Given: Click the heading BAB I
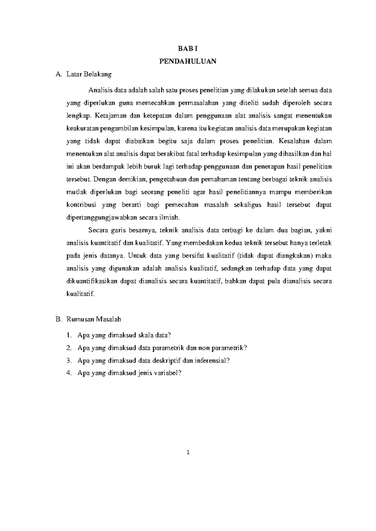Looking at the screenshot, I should (188, 49).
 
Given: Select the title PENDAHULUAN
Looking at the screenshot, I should (188, 61).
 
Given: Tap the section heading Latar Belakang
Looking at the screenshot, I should (89, 74).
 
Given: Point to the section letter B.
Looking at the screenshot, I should (58, 319).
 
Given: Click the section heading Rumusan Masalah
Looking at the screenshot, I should (94, 319).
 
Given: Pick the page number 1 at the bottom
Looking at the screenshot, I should (188, 452).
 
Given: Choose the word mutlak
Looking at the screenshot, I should (75, 192).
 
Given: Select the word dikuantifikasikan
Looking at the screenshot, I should (92, 281).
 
